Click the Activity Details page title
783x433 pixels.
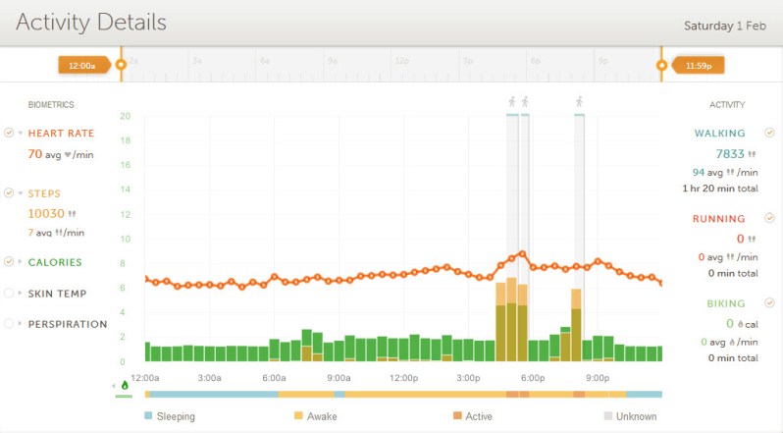coord(91,22)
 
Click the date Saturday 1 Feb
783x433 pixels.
coord(724,26)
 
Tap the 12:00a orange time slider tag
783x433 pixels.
coord(81,65)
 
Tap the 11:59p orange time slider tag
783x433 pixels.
coord(699,65)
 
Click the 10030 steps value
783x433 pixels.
coord(45,213)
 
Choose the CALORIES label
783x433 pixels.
coord(55,262)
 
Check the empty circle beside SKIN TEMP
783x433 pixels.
coord(9,293)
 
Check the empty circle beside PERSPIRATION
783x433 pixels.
coord(9,323)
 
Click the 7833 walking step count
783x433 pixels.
coord(730,153)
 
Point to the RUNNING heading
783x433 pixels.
coord(719,219)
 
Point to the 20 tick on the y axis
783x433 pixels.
coord(125,116)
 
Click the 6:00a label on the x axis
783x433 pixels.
coord(274,378)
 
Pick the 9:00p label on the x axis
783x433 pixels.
coord(596,378)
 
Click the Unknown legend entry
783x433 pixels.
coord(636,416)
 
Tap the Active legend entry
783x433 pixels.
coord(478,416)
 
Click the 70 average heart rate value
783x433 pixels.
coord(34,153)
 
